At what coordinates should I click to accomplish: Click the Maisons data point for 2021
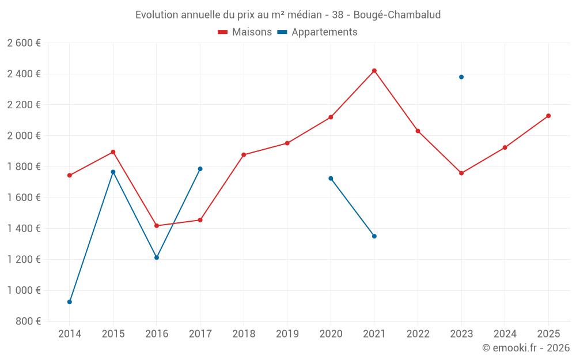[374, 71]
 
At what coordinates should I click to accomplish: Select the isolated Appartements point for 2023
[461, 77]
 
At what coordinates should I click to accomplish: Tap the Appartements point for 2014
[70, 302]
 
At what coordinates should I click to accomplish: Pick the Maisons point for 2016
[157, 226]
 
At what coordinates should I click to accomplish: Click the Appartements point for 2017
[200, 169]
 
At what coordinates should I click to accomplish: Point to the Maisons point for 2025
[548, 116]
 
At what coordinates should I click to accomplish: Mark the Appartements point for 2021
[374, 236]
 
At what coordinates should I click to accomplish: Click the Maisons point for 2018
[244, 155]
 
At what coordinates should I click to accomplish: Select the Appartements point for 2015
[113, 172]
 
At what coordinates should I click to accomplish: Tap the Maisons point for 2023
[461, 173]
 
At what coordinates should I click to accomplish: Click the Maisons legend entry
[245, 32]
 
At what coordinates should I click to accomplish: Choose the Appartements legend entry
[317, 32]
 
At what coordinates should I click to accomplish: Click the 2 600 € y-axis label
[24, 43]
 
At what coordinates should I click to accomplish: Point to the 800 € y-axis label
[28, 321]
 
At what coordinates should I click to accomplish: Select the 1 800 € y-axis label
[24, 166]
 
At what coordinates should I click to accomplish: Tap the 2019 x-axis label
[287, 334]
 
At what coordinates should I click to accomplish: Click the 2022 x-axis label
[418, 334]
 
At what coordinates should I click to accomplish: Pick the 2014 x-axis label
[70, 334]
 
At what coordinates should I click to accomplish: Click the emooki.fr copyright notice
[525, 348]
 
